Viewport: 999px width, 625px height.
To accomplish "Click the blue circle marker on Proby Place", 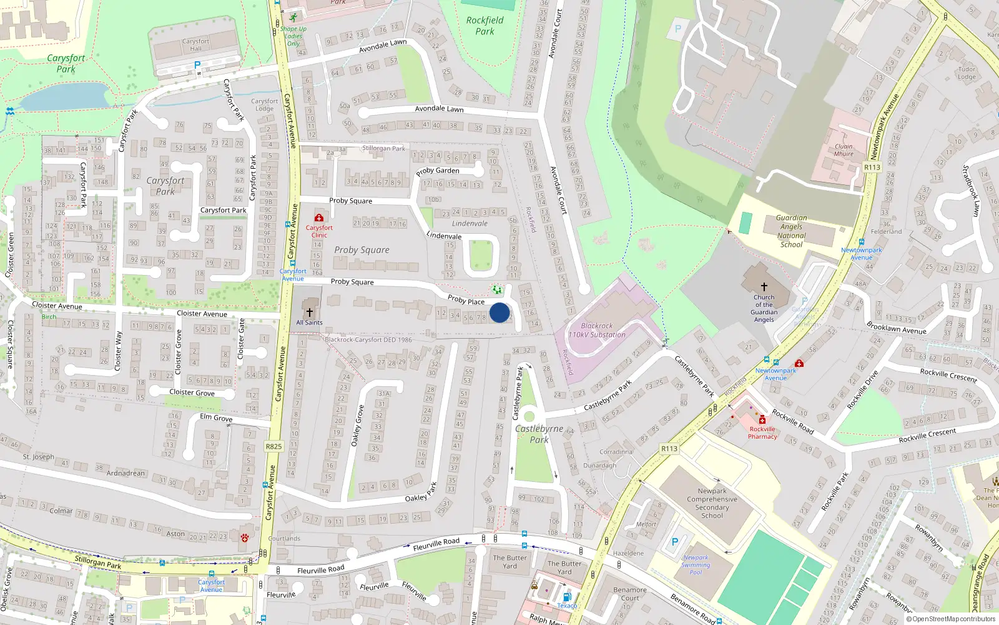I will click(499, 312).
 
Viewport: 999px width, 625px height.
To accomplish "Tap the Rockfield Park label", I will click(485, 26).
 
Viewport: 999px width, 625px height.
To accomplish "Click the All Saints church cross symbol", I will click(310, 312).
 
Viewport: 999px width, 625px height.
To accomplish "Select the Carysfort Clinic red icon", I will click(319, 217).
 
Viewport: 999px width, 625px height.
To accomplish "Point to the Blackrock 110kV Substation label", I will click(596, 330).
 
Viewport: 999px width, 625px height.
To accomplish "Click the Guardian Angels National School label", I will click(791, 231).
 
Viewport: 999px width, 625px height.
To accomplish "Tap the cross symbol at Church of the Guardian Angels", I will click(764, 286).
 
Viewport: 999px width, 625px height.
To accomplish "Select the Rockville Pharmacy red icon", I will click(762, 420).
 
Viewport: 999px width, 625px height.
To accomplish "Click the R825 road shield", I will click(273, 446).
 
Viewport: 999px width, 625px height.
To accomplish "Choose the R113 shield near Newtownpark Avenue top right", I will click(872, 167).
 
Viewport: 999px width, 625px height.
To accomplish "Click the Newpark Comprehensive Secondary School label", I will click(712, 503).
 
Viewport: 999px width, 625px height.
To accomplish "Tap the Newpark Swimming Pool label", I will click(696, 564).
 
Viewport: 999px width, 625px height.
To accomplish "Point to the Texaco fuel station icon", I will click(567, 597).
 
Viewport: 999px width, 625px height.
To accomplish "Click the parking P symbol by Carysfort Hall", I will click(197, 65).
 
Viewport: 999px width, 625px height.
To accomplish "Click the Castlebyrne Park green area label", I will click(539, 434).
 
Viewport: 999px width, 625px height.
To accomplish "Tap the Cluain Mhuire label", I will click(844, 150).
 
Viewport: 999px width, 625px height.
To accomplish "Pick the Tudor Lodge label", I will click(967, 73).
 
